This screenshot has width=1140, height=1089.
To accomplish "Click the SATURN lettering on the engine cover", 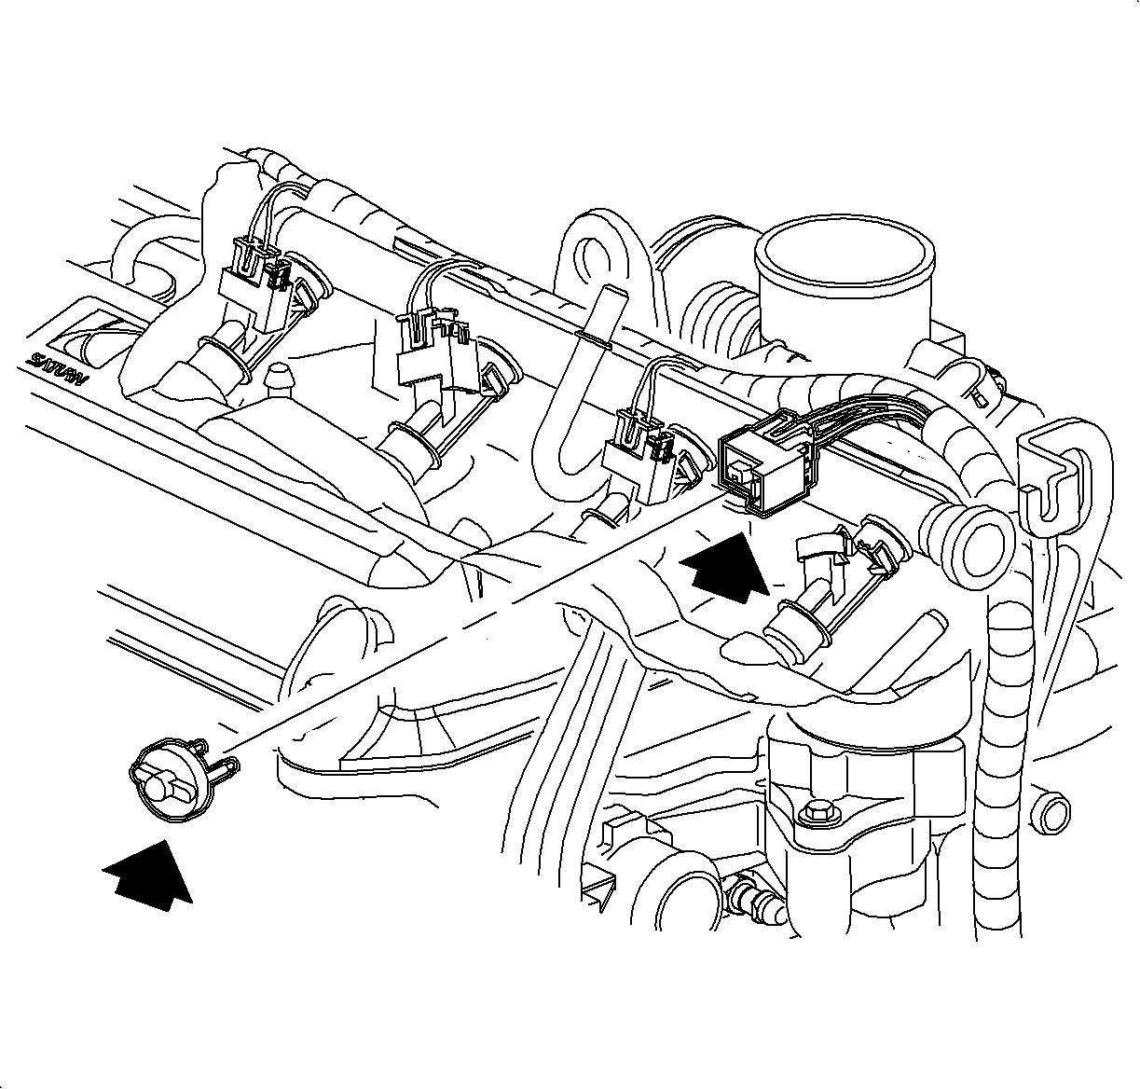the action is (56, 368).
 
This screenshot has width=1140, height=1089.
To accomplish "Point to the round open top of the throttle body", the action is (845, 252).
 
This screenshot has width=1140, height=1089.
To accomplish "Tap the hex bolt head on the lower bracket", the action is (814, 813).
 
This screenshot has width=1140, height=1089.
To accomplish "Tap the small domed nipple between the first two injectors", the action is (279, 381).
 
